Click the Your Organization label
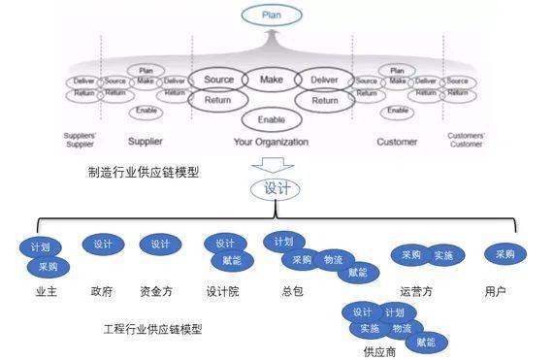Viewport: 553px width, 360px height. tap(271, 143)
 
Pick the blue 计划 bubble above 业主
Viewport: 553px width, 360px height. tap(40, 247)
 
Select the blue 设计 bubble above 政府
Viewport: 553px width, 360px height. tap(103, 245)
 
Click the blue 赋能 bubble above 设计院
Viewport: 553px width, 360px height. tap(232, 261)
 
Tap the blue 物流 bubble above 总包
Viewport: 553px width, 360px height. tap(333, 259)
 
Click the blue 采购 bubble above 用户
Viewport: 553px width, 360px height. tap(504, 254)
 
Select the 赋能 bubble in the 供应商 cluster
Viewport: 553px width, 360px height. tap(426, 342)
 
